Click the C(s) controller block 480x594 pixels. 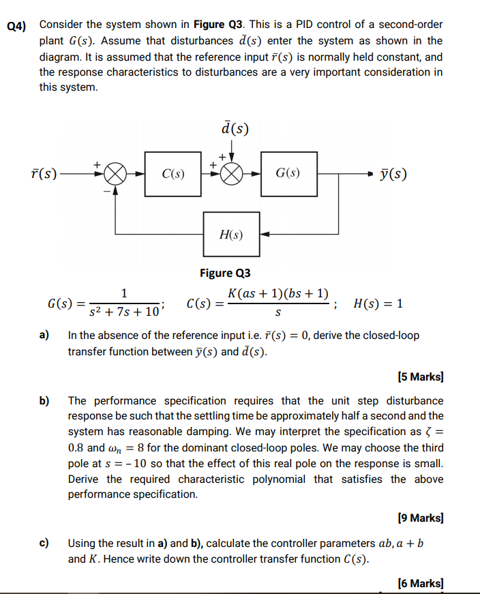point(172,174)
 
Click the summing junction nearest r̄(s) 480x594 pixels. point(115,174)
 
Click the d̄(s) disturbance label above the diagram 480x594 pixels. point(235,128)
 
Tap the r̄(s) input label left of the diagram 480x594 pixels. point(46,174)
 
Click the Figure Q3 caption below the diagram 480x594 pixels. point(225,273)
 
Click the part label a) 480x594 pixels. point(44,336)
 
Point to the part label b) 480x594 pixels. point(44,400)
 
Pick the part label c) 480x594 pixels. point(44,544)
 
